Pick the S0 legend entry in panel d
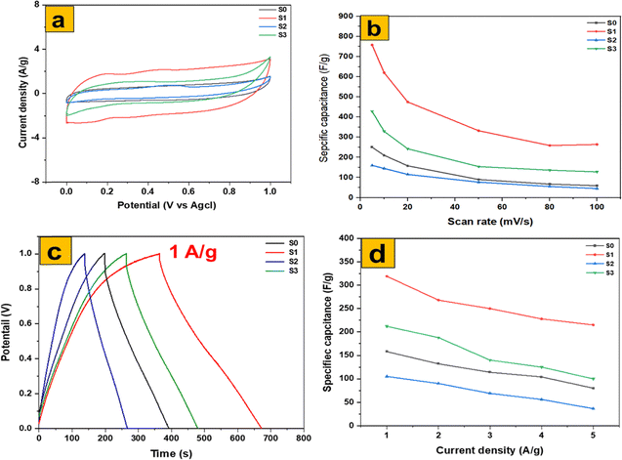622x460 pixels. click(x=596, y=244)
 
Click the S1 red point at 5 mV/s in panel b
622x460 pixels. click(x=372, y=45)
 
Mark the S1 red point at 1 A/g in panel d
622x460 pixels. click(x=388, y=276)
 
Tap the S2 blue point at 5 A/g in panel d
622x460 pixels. click(x=593, y=408)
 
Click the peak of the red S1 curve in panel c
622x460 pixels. click(x=160, y=254)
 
